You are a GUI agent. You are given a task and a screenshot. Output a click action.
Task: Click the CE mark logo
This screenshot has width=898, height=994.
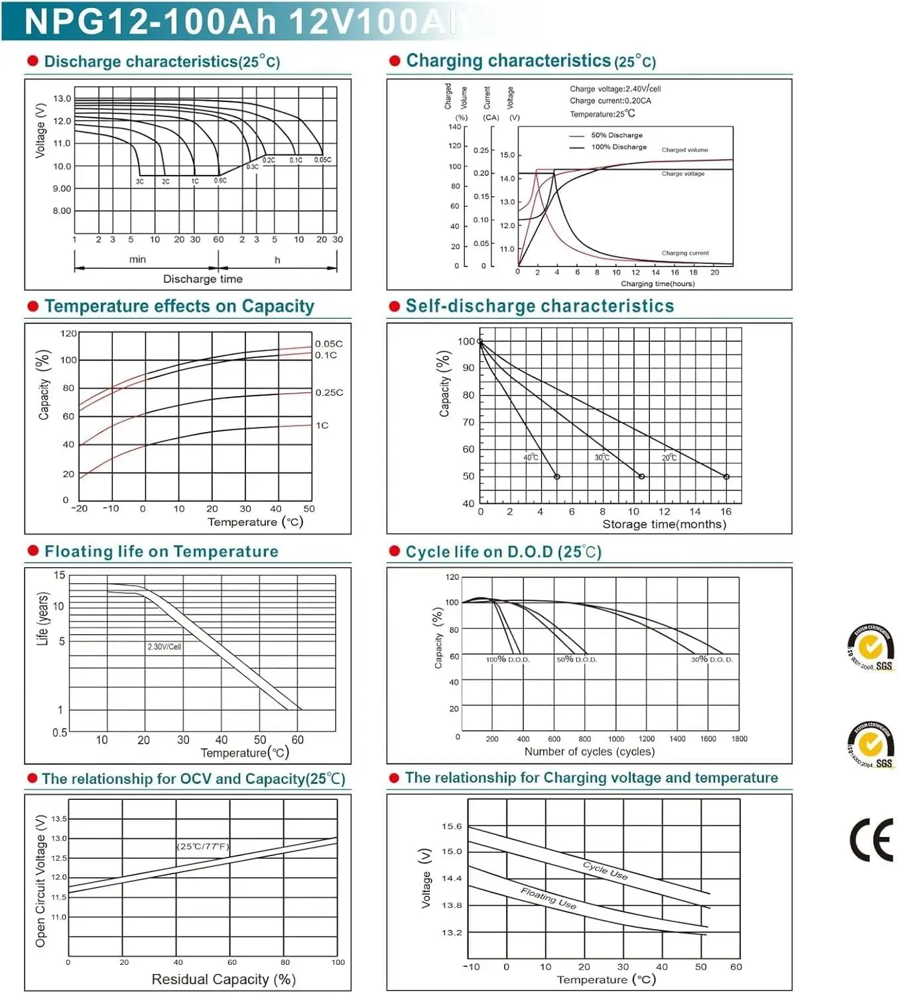coord(871,840)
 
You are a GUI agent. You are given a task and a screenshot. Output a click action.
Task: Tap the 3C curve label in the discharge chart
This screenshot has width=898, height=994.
coord(140,182)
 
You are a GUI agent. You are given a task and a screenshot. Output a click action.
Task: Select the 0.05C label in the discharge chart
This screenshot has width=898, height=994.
coord(323,160)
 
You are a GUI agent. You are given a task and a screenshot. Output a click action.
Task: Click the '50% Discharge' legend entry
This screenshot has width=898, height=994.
coord(616,135)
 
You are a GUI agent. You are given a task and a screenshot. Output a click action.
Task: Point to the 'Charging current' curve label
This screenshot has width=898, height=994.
coord(684,253)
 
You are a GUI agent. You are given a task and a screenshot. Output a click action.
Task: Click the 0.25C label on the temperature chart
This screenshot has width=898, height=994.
coord(329,392)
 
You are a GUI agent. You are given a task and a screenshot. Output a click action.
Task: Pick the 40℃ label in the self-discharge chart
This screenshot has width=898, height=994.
coord(531,457)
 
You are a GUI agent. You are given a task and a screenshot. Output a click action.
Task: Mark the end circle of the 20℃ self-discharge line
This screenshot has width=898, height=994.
coord(726,477)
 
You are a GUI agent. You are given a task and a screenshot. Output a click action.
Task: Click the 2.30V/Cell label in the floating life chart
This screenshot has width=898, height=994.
coord(164,647)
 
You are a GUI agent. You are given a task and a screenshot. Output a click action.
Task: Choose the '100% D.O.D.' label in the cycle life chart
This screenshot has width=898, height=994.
coord(508,660)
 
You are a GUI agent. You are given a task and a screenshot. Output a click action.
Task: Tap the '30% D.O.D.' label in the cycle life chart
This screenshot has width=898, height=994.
coord(712,660)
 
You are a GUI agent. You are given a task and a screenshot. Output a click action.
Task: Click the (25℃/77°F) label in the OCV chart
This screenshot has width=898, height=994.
coord(203,846)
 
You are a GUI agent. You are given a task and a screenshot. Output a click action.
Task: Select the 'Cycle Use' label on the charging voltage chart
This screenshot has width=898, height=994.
coord(605,870)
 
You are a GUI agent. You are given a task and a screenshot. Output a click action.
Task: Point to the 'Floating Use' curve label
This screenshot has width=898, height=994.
coord(548,898)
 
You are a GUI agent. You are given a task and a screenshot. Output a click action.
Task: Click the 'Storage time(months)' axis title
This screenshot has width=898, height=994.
coord(664,524)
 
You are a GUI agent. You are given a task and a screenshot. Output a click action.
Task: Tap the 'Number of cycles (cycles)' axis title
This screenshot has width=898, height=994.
coord(589,751)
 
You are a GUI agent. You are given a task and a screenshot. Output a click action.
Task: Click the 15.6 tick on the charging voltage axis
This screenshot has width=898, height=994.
coord(452,826)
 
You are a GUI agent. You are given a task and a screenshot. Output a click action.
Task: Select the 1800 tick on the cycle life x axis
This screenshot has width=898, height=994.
coord(739,739)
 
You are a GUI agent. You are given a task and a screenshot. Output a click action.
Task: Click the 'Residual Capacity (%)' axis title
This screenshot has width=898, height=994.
coord(224,979)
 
